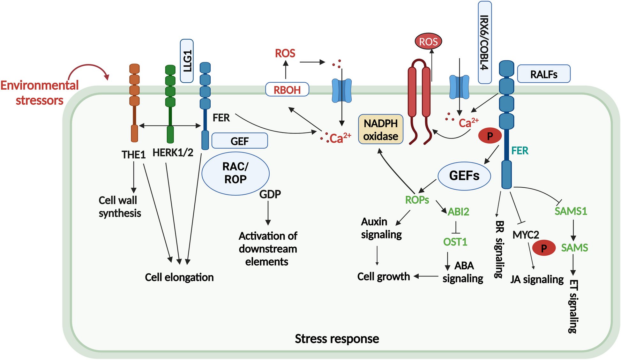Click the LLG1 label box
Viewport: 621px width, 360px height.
187,61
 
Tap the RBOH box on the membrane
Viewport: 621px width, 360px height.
287,89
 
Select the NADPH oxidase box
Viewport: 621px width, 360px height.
381,129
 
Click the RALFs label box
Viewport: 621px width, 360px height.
543,74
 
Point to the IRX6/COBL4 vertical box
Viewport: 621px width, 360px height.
485,42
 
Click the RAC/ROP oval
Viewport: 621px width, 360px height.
236,173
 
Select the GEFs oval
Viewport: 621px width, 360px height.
464,176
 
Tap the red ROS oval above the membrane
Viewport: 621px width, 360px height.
428,41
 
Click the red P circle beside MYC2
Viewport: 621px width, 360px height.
544,248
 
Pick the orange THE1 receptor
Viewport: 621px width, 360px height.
134,102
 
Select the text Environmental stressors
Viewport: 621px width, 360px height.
39,93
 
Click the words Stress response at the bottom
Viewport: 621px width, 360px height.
337,339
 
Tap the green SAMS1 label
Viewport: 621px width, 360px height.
571,211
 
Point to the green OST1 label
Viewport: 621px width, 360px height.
455,242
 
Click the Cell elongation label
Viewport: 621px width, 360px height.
179,277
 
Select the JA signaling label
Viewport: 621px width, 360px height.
537,279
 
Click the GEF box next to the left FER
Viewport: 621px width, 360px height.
240,141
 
